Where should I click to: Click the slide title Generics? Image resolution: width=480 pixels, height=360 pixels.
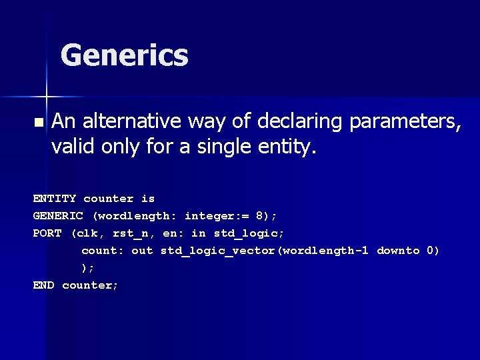[x=124, y=55]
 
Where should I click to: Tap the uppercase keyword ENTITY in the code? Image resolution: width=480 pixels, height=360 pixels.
[x=55, y=199]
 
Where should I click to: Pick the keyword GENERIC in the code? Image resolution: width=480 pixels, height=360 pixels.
[x=59, y=216]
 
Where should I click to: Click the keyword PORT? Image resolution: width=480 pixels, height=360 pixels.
[x=47, y=233]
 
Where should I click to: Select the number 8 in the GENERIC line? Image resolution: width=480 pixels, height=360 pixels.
[x=259, y=216]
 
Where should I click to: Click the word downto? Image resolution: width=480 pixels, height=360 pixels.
[x=398, y=251]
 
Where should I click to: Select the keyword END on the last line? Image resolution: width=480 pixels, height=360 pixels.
[x=44, y=285]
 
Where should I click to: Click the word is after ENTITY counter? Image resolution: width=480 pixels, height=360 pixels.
[x=148, y=199]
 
